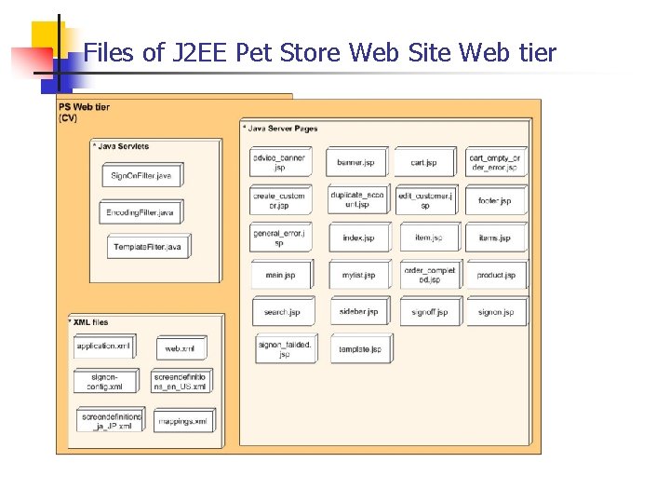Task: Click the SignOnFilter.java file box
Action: click(141, 175)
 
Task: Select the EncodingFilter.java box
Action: click(140, 212)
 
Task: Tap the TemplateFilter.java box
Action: click(147, 247)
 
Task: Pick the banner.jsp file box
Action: click(355, 162)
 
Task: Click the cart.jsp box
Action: click(423, 162)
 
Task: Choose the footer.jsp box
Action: click(495, 200)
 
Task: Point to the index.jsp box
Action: click(358, 238)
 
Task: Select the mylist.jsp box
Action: click(358, 275)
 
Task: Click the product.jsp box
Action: click(496, 275)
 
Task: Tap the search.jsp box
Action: click(282, 311)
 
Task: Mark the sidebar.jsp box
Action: click(359, 311)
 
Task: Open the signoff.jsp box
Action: click(430, 312)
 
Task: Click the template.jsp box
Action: click(360, 348)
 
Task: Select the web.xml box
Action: click(180, 347)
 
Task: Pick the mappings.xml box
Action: click(182, 421)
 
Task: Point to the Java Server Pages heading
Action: click(281, 128)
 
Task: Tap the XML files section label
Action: click(88, 322)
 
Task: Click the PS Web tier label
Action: click(84, 107)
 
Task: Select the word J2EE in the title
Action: click(200, 52)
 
